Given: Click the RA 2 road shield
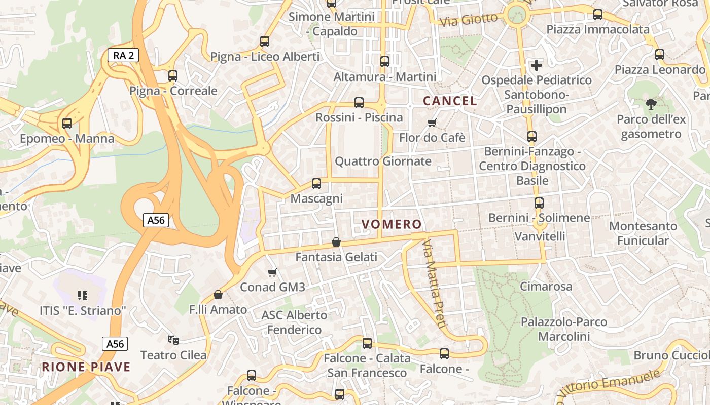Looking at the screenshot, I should [x=123, y=56].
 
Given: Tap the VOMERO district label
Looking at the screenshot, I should [x=392, y=224].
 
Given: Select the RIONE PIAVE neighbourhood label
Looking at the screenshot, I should [x=86, y=367].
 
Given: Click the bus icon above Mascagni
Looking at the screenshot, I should [x=316, y=184].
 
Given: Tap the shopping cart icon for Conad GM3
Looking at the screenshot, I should [x=272, y=273].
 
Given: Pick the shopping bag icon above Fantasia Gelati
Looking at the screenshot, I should [x=336, y=242].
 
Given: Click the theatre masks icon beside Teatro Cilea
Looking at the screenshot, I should [x=173, y=340].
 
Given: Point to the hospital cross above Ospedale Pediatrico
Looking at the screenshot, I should [x=537, y=65].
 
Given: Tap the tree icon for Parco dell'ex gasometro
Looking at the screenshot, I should [x=651, y=105].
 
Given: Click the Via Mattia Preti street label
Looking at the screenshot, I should [x=434, y=284].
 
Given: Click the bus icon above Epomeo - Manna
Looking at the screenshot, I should [x=66, y=124].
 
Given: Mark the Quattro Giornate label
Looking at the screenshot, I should [x=383, y=161].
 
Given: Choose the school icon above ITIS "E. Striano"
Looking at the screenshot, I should [x=83, y=295].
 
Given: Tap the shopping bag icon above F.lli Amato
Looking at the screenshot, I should [x=218, y=295].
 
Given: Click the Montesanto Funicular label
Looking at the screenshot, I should [x=643, y=233].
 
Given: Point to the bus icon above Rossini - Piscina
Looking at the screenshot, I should [x=359, y=103].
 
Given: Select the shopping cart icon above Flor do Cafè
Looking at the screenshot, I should [x=432, y=123].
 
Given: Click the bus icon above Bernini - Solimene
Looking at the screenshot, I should [x=539, y=203].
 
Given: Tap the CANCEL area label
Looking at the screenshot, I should [x=450, y=101].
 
